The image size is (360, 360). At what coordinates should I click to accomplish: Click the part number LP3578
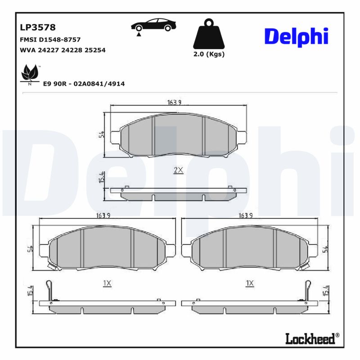(38, 27)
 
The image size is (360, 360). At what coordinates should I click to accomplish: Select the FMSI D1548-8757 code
(50, 40)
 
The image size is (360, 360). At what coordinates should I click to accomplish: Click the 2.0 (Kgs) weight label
(208, 54)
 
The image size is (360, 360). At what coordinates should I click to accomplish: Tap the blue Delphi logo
(296, 36)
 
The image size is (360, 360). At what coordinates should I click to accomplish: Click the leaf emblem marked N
(30, 74)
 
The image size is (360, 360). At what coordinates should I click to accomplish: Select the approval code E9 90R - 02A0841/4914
(84, 84)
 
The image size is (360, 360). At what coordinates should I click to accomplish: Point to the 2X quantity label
(178, 170)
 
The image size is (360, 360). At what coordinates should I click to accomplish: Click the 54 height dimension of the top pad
(102, 134)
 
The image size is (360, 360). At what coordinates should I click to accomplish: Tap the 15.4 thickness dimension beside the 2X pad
(102, 177)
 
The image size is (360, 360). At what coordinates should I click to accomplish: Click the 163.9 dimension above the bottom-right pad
(245, 216)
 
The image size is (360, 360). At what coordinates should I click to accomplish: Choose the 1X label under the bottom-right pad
(250, 283)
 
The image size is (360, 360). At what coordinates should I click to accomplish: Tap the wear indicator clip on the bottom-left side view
(50, 291)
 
